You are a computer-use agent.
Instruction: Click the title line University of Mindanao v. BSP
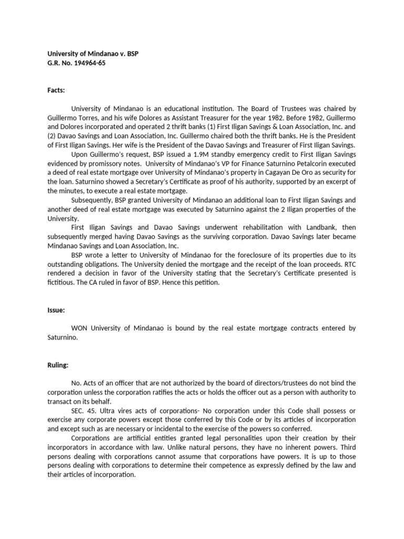pyautogui.click(x=93, y=54)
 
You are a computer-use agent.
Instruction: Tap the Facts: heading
pyautogui.click(x=56, y=90)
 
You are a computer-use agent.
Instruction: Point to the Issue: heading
pyautogui.click(x=56, y=310)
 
